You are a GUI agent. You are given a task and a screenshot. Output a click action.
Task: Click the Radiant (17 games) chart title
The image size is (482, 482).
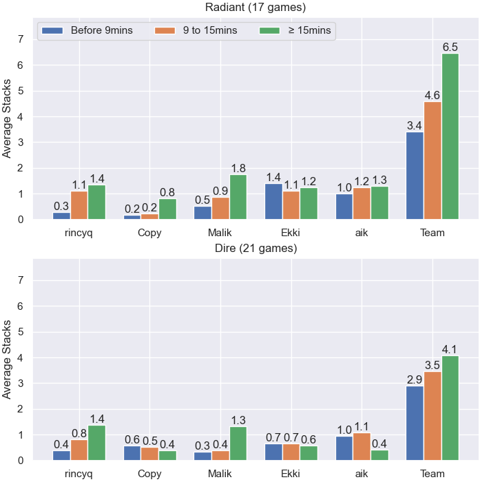click(x=255, y=7)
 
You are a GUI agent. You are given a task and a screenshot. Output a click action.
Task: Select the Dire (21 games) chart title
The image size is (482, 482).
click(x=255, y=248)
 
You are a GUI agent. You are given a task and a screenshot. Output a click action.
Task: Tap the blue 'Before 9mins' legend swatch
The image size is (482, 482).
click(x=52, y=30)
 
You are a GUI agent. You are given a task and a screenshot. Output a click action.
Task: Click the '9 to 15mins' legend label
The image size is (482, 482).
click(x=210, y=30)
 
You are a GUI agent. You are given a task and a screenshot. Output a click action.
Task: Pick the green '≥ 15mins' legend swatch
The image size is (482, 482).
click(x=270, y=30)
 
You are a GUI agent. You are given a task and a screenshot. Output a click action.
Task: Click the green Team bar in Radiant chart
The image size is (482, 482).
click(x=450, y=136)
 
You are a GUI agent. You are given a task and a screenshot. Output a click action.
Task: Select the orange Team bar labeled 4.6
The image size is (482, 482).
click(x=432, y=160)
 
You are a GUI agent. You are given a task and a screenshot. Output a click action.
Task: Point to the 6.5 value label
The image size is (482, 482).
click(x=450, y=47)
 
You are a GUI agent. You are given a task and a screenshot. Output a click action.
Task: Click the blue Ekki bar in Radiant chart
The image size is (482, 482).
click(x=273, y=202)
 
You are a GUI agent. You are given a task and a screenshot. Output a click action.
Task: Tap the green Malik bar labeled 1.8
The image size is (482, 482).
click(x=238, y=197)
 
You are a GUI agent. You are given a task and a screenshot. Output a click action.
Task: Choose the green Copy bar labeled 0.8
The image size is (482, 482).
click(x=167, y=209)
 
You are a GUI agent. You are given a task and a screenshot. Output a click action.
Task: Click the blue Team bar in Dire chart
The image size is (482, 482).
click(x=415, y=423)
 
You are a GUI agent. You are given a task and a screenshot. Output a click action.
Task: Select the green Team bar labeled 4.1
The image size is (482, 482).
click(x=450, y=408)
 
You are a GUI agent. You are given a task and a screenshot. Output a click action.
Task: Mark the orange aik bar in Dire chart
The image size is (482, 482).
click(x=361, y=447)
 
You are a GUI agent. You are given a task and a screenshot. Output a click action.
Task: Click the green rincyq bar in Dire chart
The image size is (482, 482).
click(x=97, y=443)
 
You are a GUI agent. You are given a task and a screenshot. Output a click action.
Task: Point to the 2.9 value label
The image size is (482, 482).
click(x=415, y=380)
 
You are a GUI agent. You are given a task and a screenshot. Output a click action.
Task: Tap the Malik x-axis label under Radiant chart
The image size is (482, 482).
click(x=220, y=233)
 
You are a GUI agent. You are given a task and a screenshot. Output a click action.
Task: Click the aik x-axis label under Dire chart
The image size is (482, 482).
click(x=361, y=474)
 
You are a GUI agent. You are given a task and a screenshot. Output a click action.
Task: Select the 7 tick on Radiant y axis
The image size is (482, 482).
click(x=21, y=39)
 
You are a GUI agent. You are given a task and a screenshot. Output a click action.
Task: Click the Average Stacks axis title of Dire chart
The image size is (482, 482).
click(x=6, y=359)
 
